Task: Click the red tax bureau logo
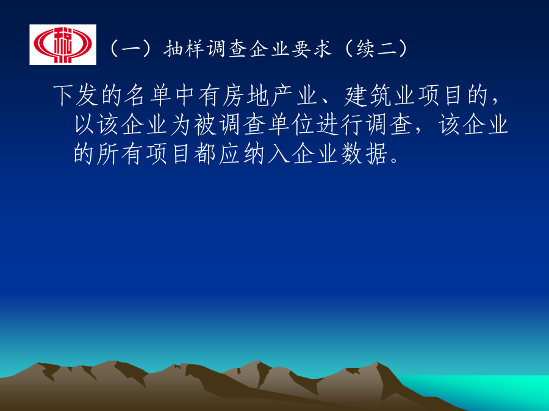click(x=63, y=44)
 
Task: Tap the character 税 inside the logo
click(x=63, y=44)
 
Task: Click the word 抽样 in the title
click(x=184, y=49)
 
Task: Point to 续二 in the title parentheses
click(x=376, y=49)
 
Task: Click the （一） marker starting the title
click(x=132, y=49)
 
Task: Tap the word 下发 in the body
click(x=76, y=95)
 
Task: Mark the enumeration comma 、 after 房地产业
click(x=325, y=101)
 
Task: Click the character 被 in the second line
click(x=205, y=124)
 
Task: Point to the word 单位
click(x=292, y=124)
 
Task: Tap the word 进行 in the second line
click(x=340, y=124)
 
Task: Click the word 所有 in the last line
click(x=108, y=153)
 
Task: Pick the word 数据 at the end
click(x=364, y=153)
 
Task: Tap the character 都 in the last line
click(x=205, y=153)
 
